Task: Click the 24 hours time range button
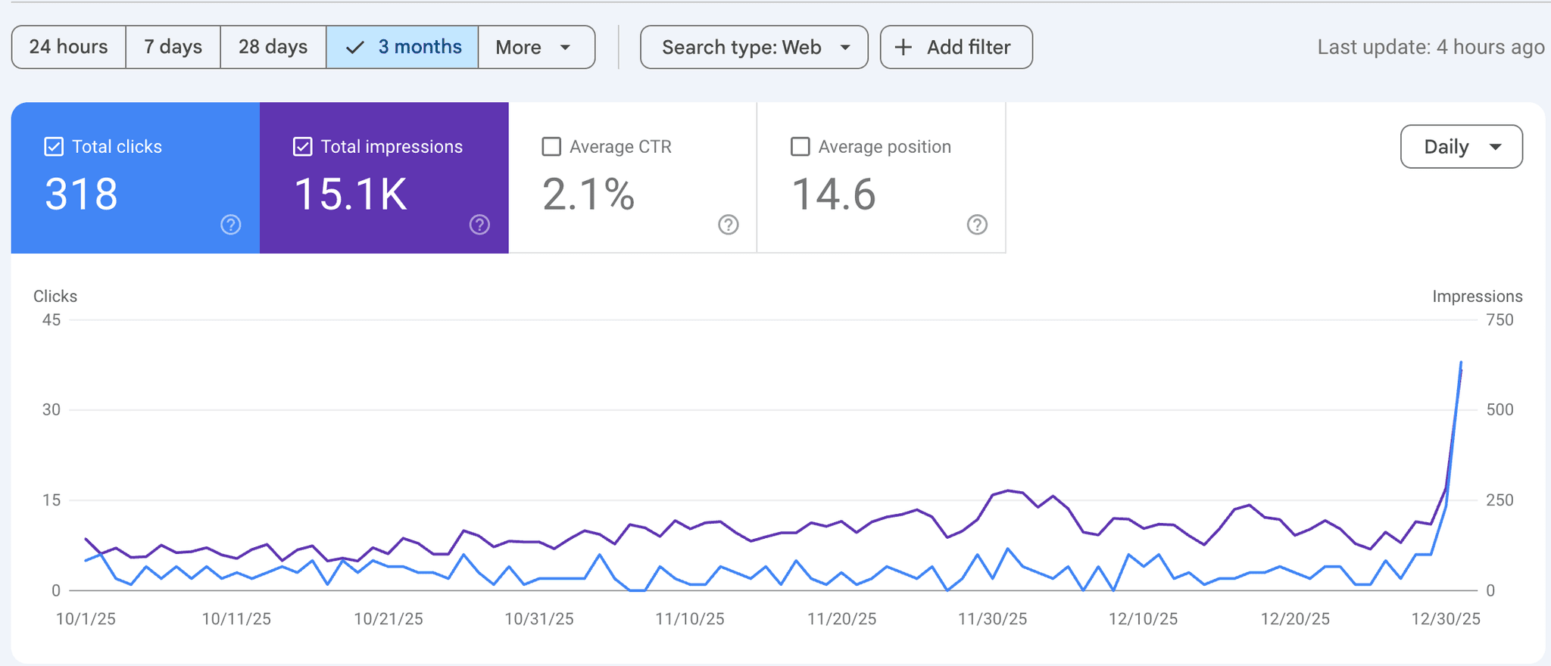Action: (x=69, y=47)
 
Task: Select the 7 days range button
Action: (x=173, y=47)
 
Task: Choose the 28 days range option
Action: (x=273, y=47)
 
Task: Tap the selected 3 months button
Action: (x=402, y=47)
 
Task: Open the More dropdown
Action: (x=536, y=47)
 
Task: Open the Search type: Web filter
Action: (x=754, y=47)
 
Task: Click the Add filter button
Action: (x=956, y=47)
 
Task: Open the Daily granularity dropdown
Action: (x=1462, y=147)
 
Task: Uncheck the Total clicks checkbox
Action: (x=54, y=147)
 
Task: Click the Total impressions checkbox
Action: (x=302, y=147)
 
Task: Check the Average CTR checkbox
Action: (x=551, y=147)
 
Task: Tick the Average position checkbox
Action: (x=800, y=147)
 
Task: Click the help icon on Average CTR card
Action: (x=729, y=225)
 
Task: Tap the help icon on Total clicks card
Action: (x=231, y=225)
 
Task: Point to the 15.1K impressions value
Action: (x=351, y=195)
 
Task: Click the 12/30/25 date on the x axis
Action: (x=1446, y=619)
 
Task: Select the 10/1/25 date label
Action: (x=86, y=619)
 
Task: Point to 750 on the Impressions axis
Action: (x=1500, y=320)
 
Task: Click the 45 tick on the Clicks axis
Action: (x=51, y=320)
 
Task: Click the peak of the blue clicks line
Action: (x=1461, y=363)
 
